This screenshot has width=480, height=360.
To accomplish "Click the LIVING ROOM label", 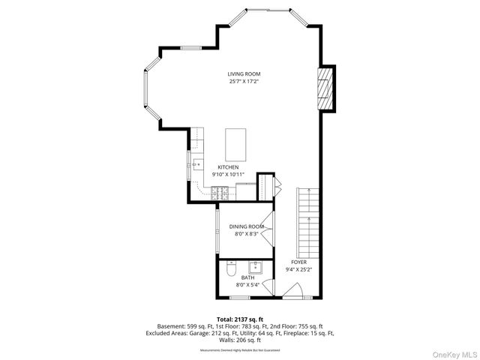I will (x=244, y=73).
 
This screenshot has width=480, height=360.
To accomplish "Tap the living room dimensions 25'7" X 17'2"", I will (x=244, y=81).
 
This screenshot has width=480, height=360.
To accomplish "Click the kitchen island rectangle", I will (x=236, y=140).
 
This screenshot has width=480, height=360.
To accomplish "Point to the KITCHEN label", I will (x=228, y=166).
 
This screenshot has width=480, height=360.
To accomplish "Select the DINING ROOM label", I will (x=247, y=226).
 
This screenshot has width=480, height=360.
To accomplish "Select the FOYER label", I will (x=299, y=262).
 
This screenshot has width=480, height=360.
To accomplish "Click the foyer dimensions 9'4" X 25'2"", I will (x=299, y=269).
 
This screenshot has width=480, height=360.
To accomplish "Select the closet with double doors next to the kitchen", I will (x=268, y=186).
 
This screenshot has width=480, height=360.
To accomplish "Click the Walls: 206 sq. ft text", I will (x=239, y=339).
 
